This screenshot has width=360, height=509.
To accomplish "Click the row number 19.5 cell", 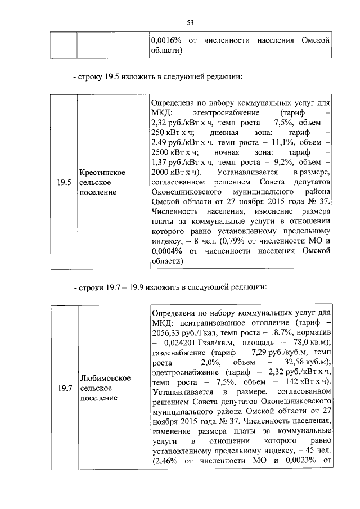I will click(63, 182).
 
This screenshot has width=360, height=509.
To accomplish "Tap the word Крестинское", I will click(102, 172).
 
